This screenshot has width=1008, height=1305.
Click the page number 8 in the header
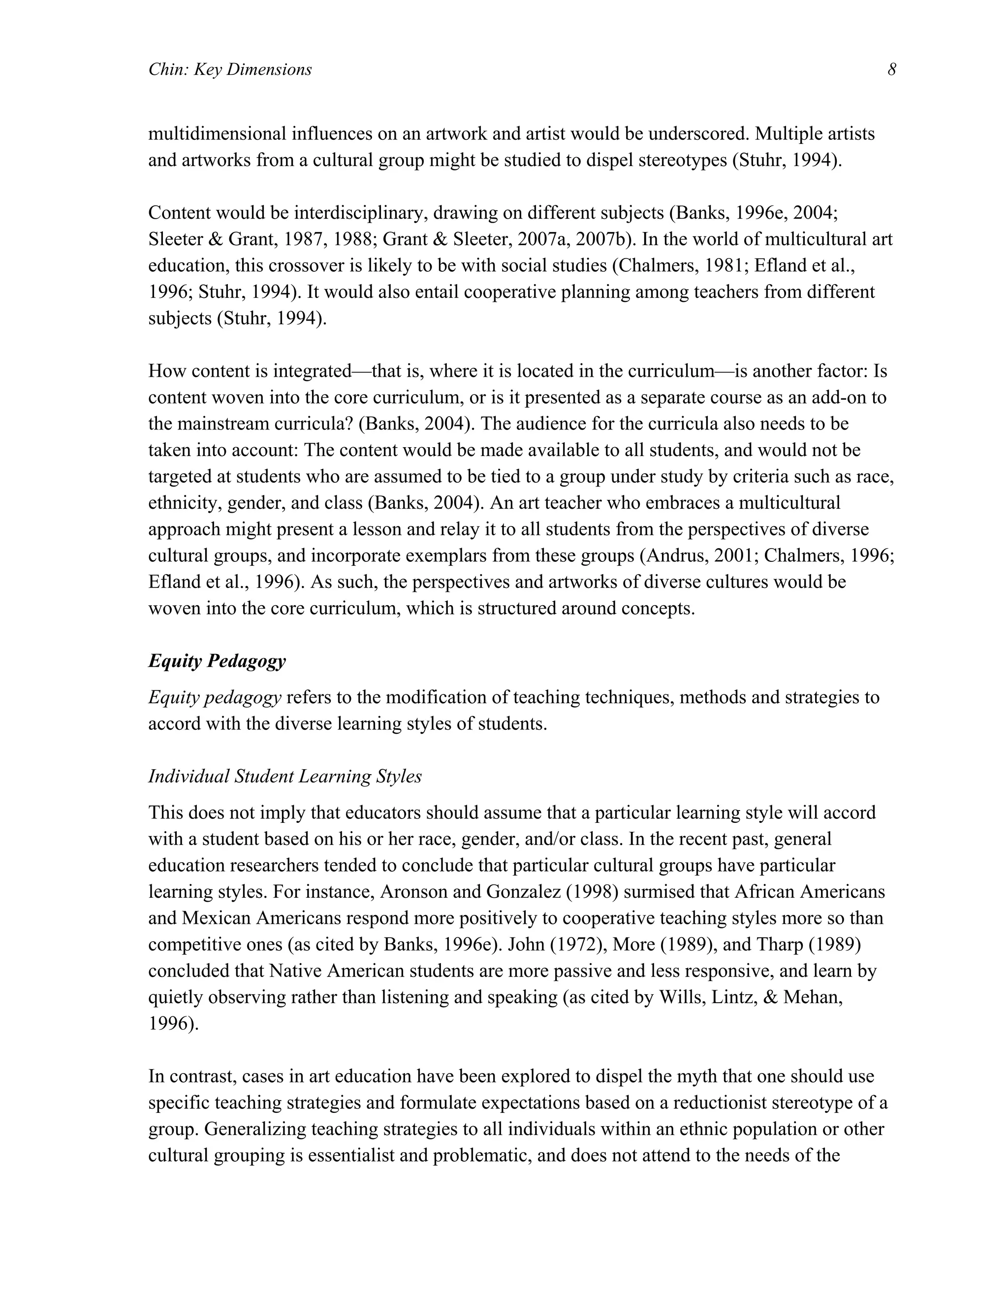click(x=891, y=70)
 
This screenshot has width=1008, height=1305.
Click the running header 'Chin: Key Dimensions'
click(x=230, y=70)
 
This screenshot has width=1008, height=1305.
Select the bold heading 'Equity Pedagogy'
click(x=217, y=661)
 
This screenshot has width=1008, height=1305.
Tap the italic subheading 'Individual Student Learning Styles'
click(x=285, y=776)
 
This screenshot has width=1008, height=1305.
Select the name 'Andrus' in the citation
click(x=674, y=555)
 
